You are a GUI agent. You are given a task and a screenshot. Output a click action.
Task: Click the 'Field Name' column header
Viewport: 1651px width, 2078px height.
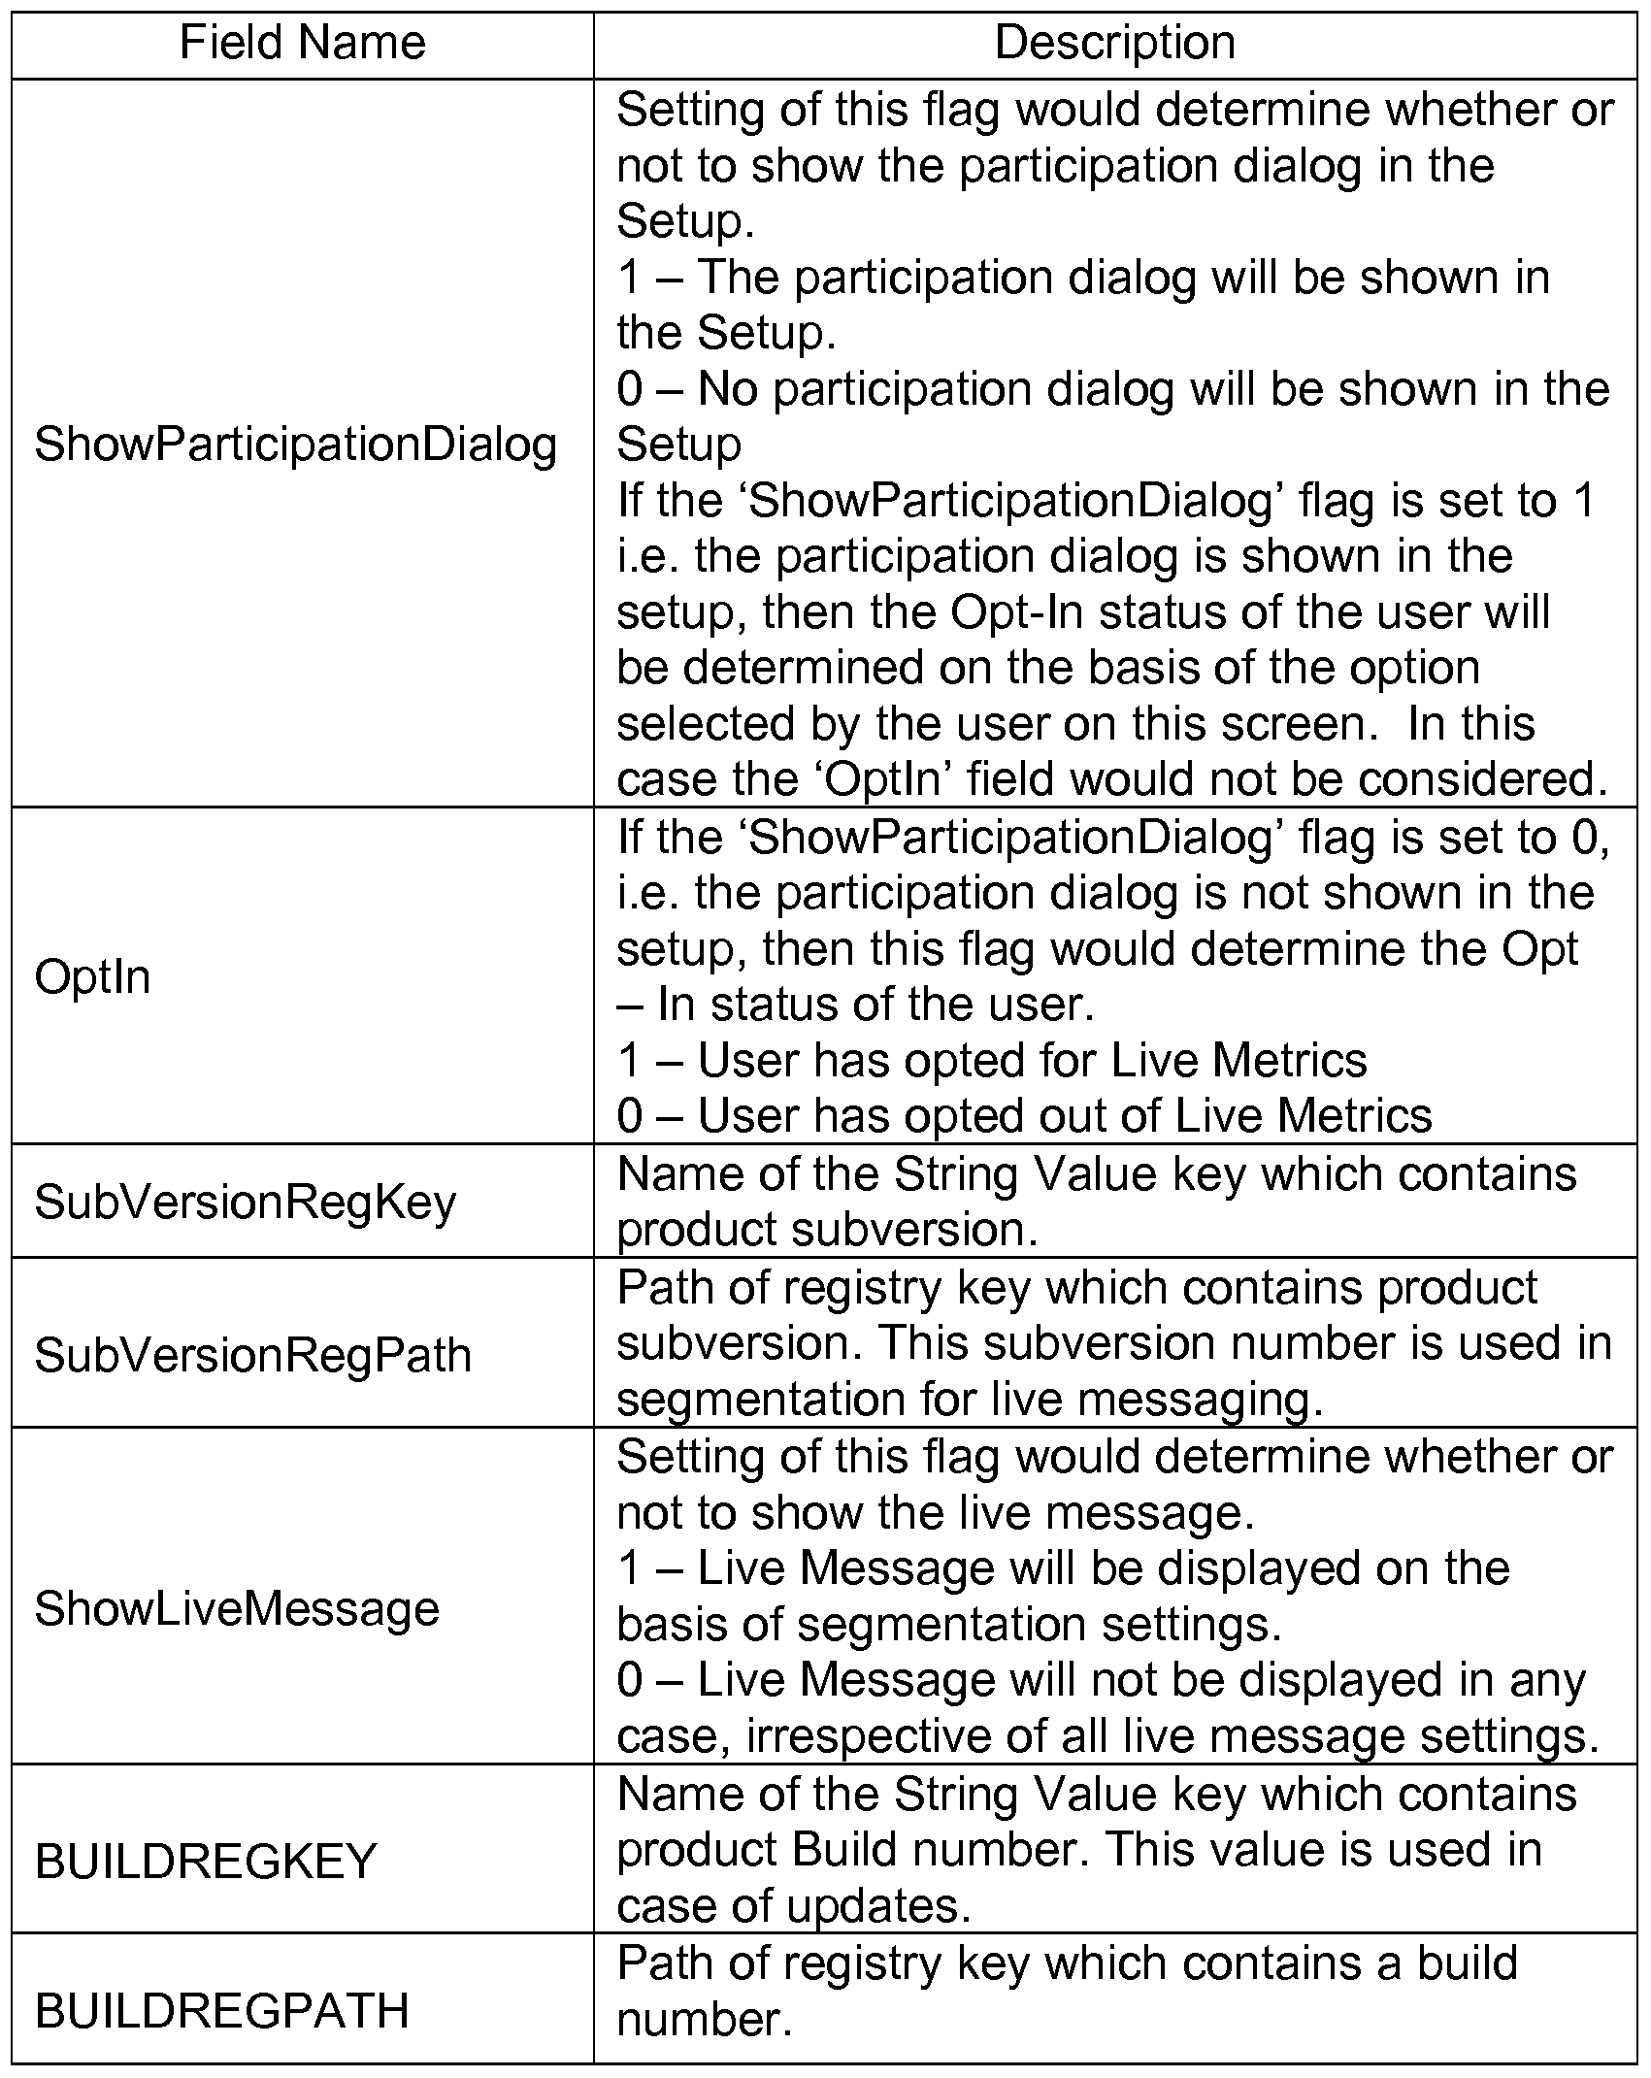(303, 44)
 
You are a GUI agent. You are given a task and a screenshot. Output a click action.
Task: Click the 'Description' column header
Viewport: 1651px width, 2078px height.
(1115, 44)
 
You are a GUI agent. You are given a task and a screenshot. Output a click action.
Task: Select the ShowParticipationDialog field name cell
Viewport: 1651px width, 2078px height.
(296, 445)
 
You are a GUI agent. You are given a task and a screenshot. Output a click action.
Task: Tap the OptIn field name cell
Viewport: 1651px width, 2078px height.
(93, 976)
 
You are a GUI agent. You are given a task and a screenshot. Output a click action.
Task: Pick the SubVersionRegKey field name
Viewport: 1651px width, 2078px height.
(246, 1203)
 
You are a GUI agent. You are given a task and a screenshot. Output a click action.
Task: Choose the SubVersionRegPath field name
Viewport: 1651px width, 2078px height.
(253, 1355)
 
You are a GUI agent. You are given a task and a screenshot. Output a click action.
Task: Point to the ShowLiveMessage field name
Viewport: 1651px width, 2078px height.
(238, 1608)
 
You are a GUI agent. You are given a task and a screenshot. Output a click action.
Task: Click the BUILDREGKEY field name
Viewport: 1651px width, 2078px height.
(206, 1862)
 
